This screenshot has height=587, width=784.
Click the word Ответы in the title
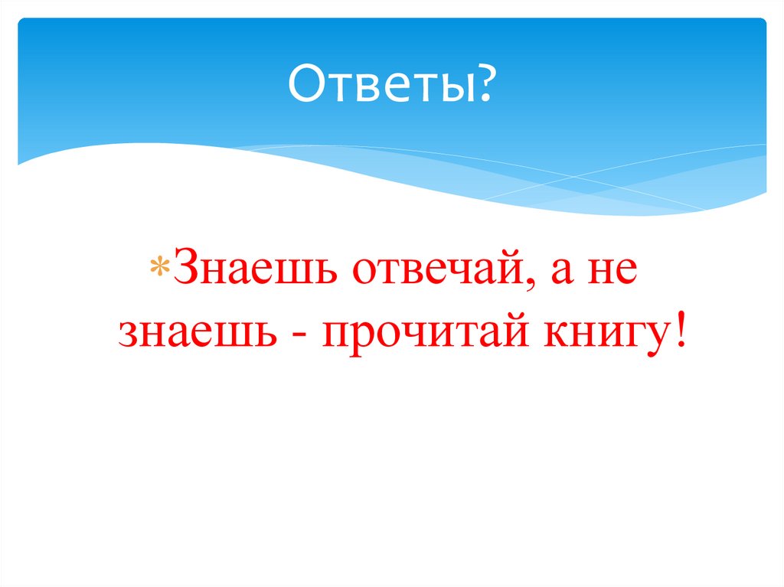pos(383,86)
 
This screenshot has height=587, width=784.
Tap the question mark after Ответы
pos(485,86)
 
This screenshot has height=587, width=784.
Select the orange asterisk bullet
pos(162,272)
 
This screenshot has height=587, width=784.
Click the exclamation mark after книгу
pos(678,332)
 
